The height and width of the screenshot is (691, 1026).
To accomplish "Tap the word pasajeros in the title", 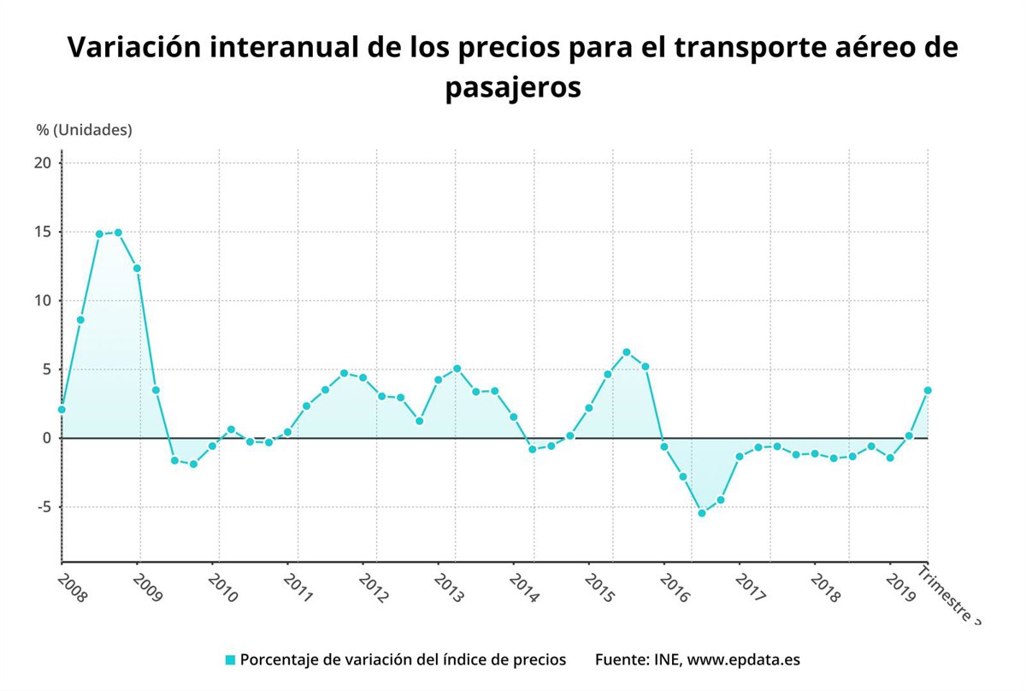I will pos(512,88).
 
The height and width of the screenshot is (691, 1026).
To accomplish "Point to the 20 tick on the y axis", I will pos(44,163).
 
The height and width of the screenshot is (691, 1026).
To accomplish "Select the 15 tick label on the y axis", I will pos(44,232).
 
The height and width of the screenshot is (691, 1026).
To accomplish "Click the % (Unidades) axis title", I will pos(84,130).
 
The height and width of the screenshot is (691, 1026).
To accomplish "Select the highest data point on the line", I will pos(118,233).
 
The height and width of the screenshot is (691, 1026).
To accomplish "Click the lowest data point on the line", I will pos(702,513).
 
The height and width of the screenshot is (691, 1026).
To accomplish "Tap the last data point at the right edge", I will pos(928,390).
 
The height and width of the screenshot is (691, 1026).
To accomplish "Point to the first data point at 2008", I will pos(62,410).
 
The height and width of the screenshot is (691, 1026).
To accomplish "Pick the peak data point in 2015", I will pos(627,352).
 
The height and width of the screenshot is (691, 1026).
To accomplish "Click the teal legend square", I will pos(230,660).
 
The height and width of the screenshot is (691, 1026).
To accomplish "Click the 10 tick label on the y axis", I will pos(44,301).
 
